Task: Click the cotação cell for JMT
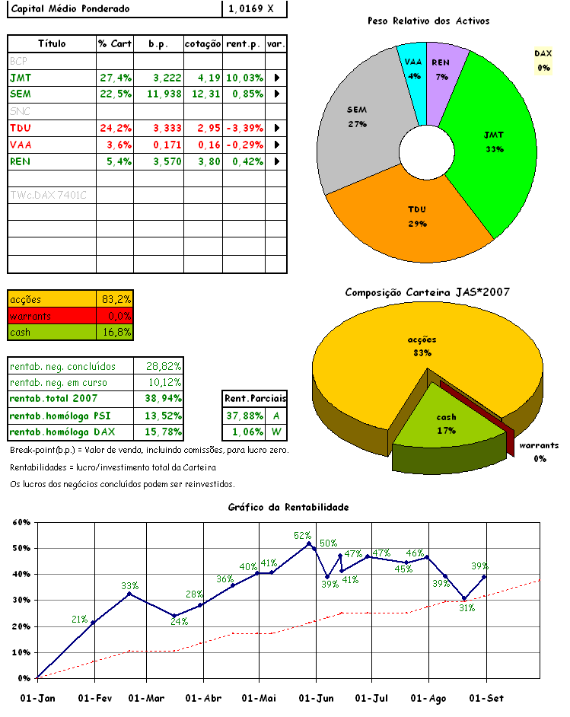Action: [203, 78]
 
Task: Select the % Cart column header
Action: [115, 44]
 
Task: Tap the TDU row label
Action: [21, 128]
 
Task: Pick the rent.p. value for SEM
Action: [244, 94]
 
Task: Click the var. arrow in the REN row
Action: [276, 161]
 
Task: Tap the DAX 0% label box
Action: [543, 60]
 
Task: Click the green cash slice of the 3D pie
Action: [447, 422]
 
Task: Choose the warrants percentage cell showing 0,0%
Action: [116, 316]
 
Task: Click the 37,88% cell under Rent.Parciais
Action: [244, 416]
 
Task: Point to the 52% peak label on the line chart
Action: [303, 535]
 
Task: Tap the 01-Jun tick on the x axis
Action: [315, 698]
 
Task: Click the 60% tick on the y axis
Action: [21, 523]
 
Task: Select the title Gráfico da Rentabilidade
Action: [288, 507]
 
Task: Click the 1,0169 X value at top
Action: [255, 9]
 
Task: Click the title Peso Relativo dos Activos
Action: [428, 21]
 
